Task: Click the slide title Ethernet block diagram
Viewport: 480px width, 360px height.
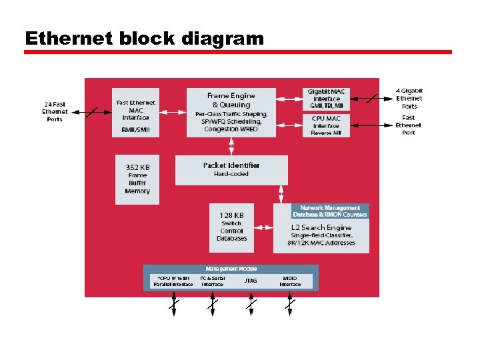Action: click(x=144, y=38)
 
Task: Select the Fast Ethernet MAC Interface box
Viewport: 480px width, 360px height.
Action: click(x=136, y=113)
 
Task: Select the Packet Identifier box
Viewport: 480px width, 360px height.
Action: click(x=231, y=170)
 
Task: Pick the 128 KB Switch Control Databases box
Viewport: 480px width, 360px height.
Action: click(x=232, y=227)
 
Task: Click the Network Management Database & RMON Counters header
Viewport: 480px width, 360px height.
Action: click(x=330, y=211)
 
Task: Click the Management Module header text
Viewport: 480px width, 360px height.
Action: click(x=231, y=269)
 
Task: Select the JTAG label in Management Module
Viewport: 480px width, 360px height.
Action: click(x=251, y=281)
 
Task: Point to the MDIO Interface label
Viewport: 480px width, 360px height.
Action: click(x=290, y=281)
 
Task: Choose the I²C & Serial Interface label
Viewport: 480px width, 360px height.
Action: click(x=213, y=281)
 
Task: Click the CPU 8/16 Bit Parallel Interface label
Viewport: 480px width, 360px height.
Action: click(x=173, y=281)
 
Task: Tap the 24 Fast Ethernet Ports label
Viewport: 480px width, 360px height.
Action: click(x=55, y=111)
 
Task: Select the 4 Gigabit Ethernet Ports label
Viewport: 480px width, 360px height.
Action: click(x=409, y=98)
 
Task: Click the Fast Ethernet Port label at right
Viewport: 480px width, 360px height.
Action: click(x=408, y=125)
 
